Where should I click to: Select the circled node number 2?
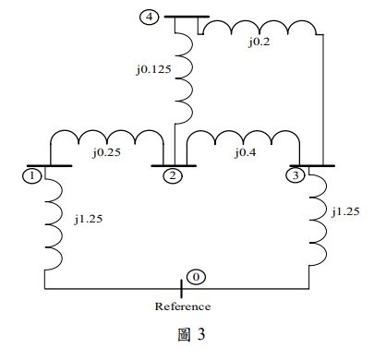[172, 175]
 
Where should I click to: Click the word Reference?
[182, 306]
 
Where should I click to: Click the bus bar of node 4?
[185, 17]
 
